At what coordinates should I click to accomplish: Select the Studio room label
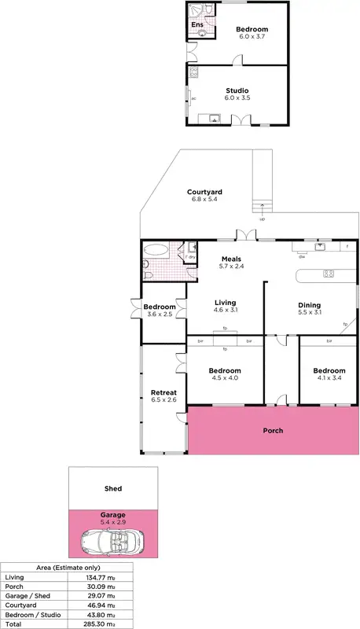point(237,90)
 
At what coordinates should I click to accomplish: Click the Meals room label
point(230,259)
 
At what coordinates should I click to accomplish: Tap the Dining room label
point(309,305)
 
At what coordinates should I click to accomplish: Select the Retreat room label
point(163,392)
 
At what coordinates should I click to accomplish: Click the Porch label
point(273,431)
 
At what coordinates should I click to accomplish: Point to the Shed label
point(113,488)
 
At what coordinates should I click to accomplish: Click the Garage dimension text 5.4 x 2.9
point(113,521)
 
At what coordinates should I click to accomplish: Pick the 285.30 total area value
point(102,623)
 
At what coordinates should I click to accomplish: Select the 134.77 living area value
point(102,576)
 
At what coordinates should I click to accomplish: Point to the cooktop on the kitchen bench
point(329,274)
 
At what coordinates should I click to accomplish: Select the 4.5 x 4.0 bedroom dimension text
point(225,378)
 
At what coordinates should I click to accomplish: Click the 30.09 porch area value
point(102,586)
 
